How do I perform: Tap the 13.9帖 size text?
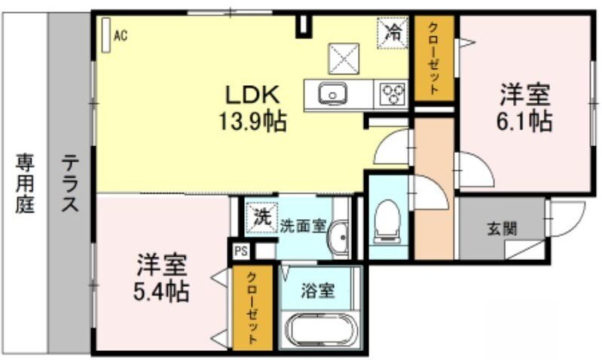point(253,120)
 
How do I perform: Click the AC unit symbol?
point(106,34)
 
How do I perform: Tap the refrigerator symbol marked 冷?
point(393,32)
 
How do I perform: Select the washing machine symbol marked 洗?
point(261,219)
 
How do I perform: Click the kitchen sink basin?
point(331,95)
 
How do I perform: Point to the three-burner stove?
point(392,94)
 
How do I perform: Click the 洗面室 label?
point(304,224)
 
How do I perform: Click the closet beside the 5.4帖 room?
point(252,308)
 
